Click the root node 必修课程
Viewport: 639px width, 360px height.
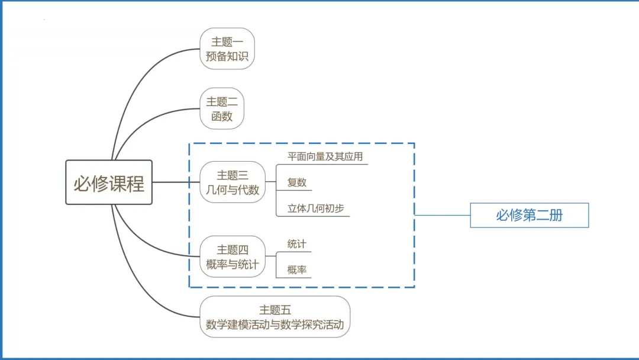pyautogui.click(x=109, y=182)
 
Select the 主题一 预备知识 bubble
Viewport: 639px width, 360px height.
pyautogui.click(x=227, y=49)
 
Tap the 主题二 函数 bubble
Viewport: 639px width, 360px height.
pyautogui.click(x=222, y=108)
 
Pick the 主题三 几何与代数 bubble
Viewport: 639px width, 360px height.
pyautogui.click(x=233, y=182)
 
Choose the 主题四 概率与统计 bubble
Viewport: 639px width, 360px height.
pyautogui.click(x=233, y=256)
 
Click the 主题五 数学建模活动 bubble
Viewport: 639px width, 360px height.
pyautogui.click(x=275, y=317)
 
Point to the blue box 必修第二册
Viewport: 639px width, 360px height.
pyautogui.click(x=530, y=215)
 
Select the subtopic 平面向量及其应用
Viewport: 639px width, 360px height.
pyautogui.click(x=325, y=156)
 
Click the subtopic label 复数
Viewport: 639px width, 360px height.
pyautogui.click(x=296, y=182)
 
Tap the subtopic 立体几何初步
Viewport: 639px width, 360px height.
pyautogui.click(x=315, y=208)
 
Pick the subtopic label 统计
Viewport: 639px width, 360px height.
pyautogui.click(x=296, y=244)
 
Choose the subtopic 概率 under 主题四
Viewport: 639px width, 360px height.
pyautogui.click(x=296, y=269)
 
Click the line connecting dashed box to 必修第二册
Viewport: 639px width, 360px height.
pyautogui.click(x=443, y=215)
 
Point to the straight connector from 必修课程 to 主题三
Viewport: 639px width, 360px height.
pyautogui.click(x=176, y=182)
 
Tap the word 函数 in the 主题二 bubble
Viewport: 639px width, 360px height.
pyautogui.click(x=222, y=116)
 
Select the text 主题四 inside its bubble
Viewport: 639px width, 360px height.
pyautogui.click(x=233, y=249)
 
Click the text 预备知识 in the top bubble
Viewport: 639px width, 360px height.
pyautogui.click(x=227, y=56)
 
